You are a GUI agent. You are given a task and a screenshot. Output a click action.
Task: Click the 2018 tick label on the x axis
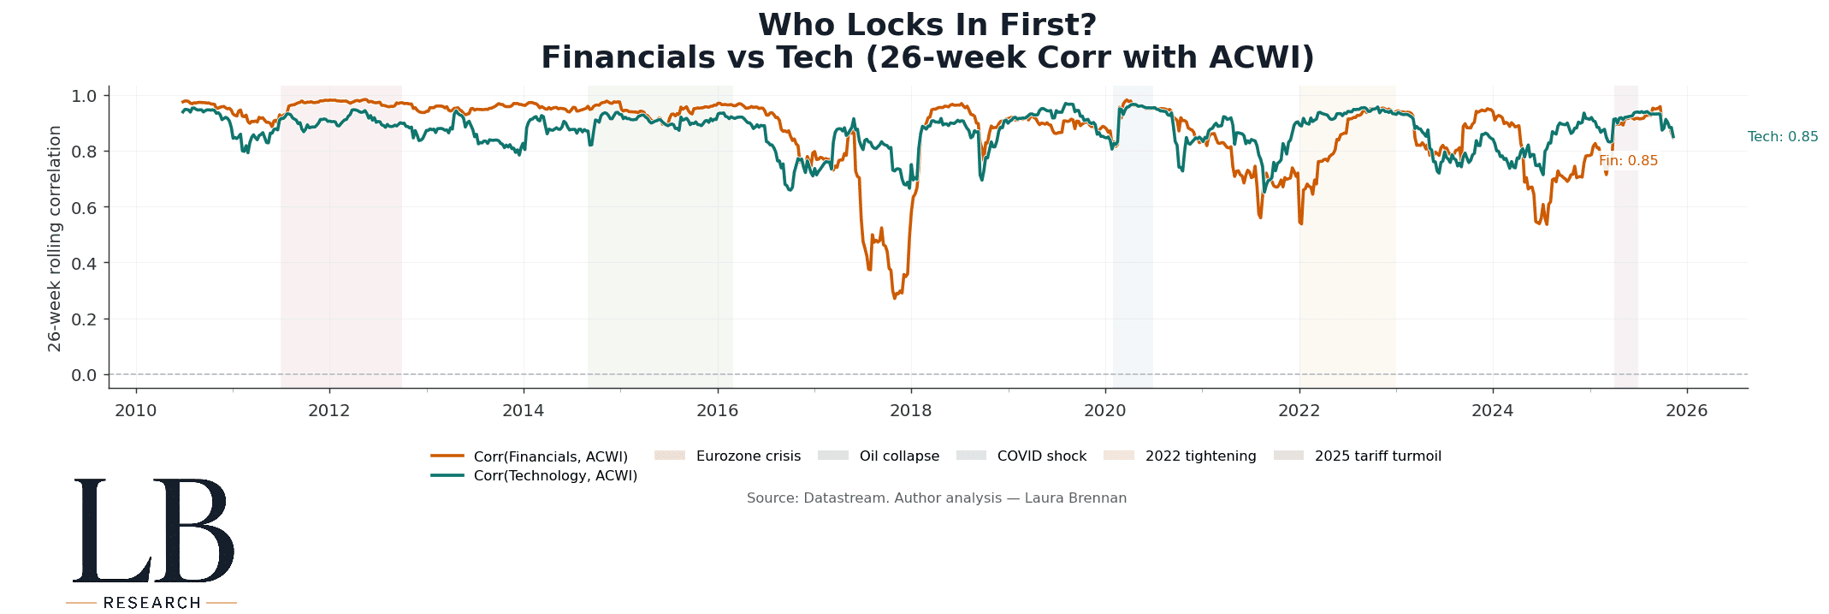pos(910,411)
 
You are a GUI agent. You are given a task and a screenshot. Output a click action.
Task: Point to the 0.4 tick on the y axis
pos(85,263)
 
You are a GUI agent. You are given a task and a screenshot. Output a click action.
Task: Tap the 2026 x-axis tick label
pos(1686,411)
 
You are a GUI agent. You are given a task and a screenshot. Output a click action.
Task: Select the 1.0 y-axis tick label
pos(85,95)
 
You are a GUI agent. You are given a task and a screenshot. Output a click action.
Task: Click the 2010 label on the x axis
pos(135,411)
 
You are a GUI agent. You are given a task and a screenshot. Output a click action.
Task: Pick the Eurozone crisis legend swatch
pos(670,456)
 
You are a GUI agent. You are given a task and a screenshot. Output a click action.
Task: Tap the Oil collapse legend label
pos(899,456)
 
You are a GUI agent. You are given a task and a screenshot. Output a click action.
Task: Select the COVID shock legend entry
pos(1041,456)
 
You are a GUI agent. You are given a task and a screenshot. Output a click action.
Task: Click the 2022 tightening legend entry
pos(1200,456)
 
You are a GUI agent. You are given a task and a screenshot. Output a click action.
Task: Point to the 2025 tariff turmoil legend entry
pos(1377,456)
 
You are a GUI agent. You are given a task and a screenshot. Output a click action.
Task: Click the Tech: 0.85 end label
pos(1783,137)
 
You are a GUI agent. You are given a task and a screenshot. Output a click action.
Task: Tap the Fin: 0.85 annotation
pos(1628,161)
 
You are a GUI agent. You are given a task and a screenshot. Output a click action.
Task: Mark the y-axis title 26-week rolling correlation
pos(55,238)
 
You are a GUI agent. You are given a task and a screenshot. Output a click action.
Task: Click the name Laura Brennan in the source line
pos(1075,498)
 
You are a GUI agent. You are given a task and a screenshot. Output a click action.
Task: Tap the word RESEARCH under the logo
pos(151,603)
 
